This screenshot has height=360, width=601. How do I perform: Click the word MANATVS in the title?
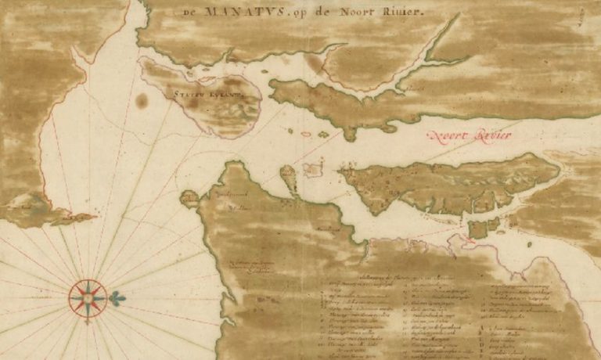232,12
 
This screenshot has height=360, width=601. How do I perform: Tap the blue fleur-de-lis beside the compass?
118,298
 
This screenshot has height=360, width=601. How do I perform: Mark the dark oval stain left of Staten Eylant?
142,100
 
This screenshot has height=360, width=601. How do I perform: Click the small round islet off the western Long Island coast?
189,198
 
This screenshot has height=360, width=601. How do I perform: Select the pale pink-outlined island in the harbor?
313,167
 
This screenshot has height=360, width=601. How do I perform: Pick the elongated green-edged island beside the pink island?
289,178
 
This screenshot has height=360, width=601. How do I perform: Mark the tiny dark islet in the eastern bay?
530,243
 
